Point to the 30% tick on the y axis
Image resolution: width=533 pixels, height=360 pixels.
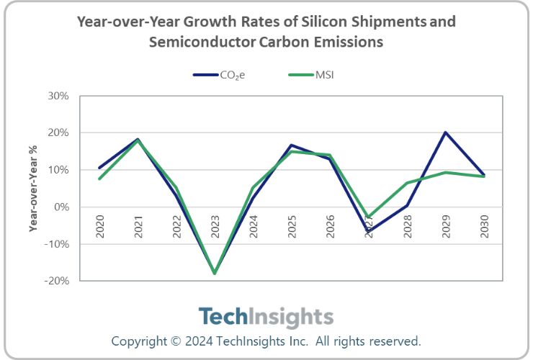pyautogui.click(x=58, y=96)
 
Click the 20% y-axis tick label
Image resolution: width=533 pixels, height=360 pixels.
pyautogui.click(x=58, y=133)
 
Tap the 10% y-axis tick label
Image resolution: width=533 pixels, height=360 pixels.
pyautogui.click(x=58, y=170)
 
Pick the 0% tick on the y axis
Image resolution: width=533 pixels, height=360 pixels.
pyautogui.click(x=61, y=207)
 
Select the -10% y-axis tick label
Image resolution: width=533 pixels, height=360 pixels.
pyautogui.click(x=57, y=244)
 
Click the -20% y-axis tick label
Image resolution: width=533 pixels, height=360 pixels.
pyautogui.click(x=57, y=281)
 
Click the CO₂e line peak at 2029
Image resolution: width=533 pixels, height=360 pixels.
pyautogui.click(x=446, y=132)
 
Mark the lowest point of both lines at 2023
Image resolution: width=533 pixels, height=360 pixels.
pyautogui.click(x=215, y=274)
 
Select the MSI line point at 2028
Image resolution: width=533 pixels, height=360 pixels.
pyautogui.click(x=407, y=183)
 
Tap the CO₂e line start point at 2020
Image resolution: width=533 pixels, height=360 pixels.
pyautogui.click(x=99, y=168)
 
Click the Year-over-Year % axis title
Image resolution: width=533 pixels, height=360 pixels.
pyautogui.click(x=32, y=189)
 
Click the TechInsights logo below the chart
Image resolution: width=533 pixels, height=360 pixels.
pyautogui.click(x=266, y=317)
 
